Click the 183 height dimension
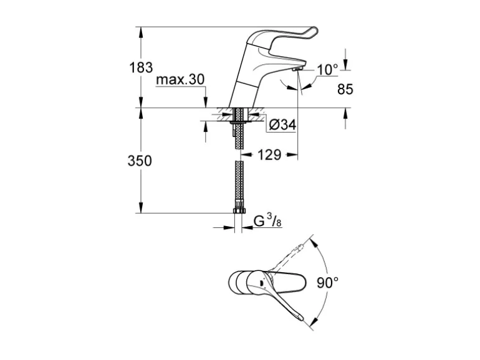(x=141, y=67)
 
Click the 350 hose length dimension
(x=140, y=161)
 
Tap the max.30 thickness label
(x=180, y=80)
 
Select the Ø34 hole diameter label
(x=282, y=125)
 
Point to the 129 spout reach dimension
(x=269, y=154)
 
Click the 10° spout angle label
(x=327, y=70)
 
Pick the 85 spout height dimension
(x=345, y=89)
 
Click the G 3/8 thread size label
(x=267, y=220)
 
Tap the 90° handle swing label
(x=327, y=282)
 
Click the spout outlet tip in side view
(x=297, y=70)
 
